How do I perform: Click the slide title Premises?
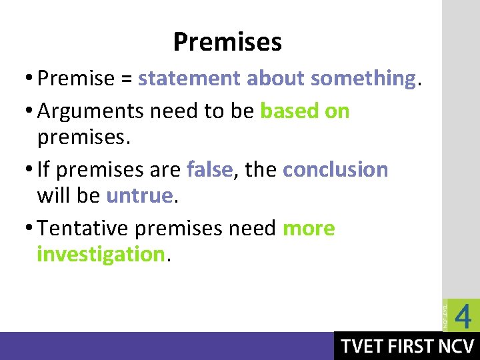tap(227, 43)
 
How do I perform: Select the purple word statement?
tap(190, 79)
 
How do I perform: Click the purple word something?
tap(363, 79)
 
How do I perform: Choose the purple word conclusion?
tap(335, 169)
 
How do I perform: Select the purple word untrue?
tap(139, 195)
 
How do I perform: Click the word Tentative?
tap(83, 228)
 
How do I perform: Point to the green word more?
tap(309, 229)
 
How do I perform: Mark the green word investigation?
tap(101, 254)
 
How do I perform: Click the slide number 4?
tap(463, 315)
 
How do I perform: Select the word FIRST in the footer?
tap(412, 347)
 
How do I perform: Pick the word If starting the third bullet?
tap(43, 169)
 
